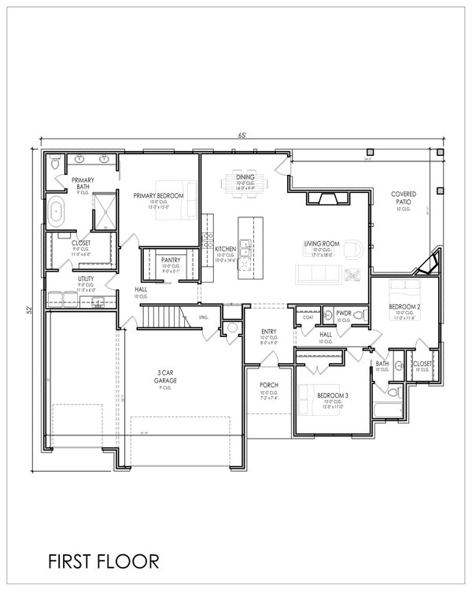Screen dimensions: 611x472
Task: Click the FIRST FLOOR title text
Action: click(92, 561)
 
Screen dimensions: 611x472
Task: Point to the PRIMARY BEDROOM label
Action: click(158, 195)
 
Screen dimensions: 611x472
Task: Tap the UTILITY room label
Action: click(86, 279)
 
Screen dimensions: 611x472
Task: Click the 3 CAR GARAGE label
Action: click(164, 375)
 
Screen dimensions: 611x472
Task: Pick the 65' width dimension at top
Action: click(244, 135)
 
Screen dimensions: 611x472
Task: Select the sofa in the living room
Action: click(318, 274)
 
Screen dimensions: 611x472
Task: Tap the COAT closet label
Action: click(308, 317)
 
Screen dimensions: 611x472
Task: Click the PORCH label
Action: click(268, 385)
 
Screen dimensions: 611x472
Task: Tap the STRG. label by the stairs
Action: click(203, 317)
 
